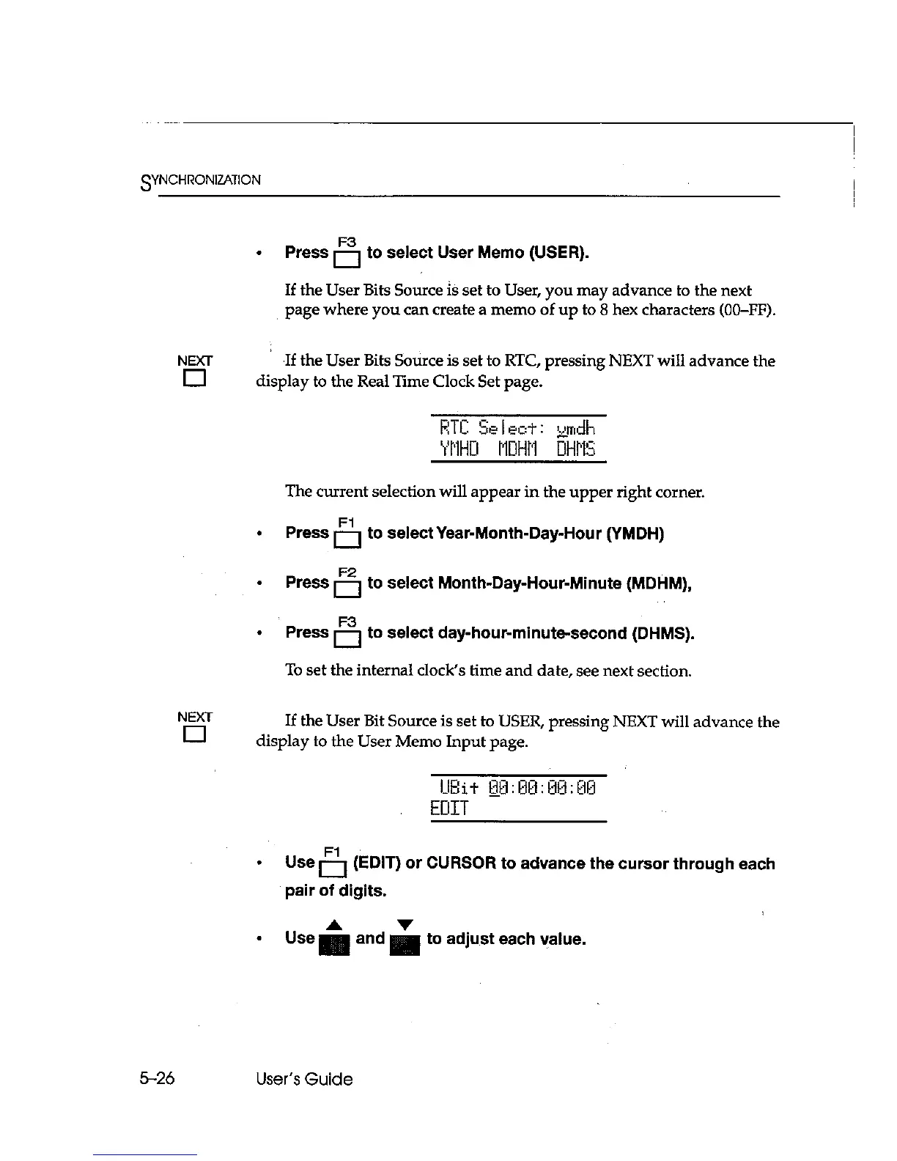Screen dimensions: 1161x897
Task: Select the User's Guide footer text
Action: [304, 1079]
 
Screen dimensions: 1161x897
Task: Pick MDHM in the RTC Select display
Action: [517, 449]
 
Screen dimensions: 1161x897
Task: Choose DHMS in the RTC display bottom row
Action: [576, 449]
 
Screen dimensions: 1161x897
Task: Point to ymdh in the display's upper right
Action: [576, 428]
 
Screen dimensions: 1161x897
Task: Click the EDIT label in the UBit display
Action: [449, 809]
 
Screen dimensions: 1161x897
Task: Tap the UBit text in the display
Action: [459, 789]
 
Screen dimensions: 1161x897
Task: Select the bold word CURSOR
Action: [460, 863]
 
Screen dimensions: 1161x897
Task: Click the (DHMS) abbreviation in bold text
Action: [662, 633]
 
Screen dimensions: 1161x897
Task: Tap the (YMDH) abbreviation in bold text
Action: [635, 534]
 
